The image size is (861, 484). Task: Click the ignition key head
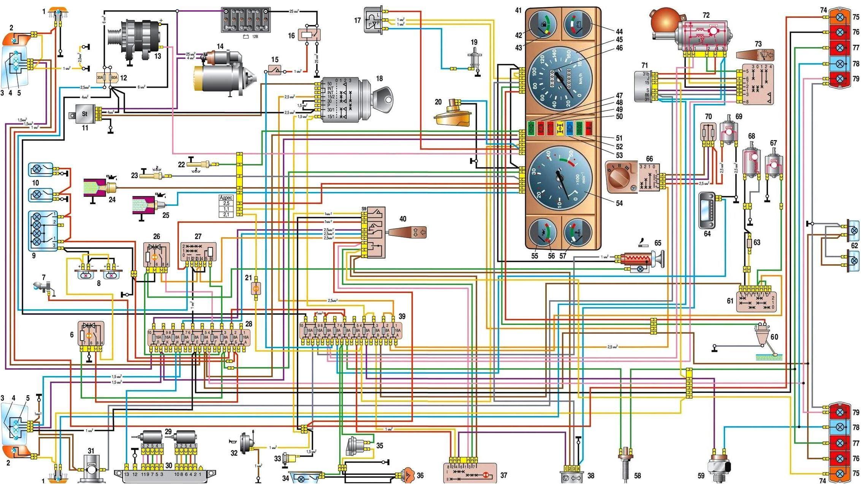point(386,96)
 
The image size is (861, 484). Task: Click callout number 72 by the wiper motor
point(706,16)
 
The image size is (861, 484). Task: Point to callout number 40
point(403,219)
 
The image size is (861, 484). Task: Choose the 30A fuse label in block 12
point(100,78)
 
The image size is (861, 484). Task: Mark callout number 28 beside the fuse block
point(249,324)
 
